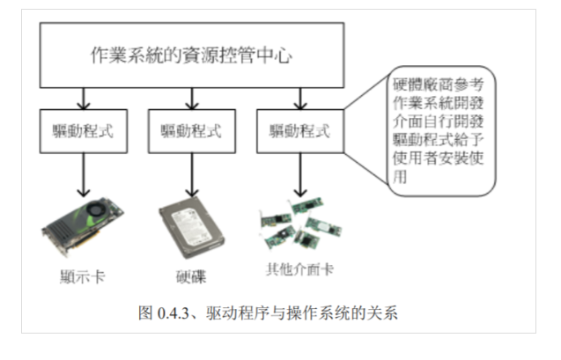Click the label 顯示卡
(x=83, y=273)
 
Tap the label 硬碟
(x=191, y=273)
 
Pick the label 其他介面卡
(x=299, y=269)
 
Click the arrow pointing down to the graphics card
(x=84, y=176)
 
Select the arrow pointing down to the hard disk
(x=191, y=176)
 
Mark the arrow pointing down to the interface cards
(x=299, y=176)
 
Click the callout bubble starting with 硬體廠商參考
(x=440, y=133)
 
